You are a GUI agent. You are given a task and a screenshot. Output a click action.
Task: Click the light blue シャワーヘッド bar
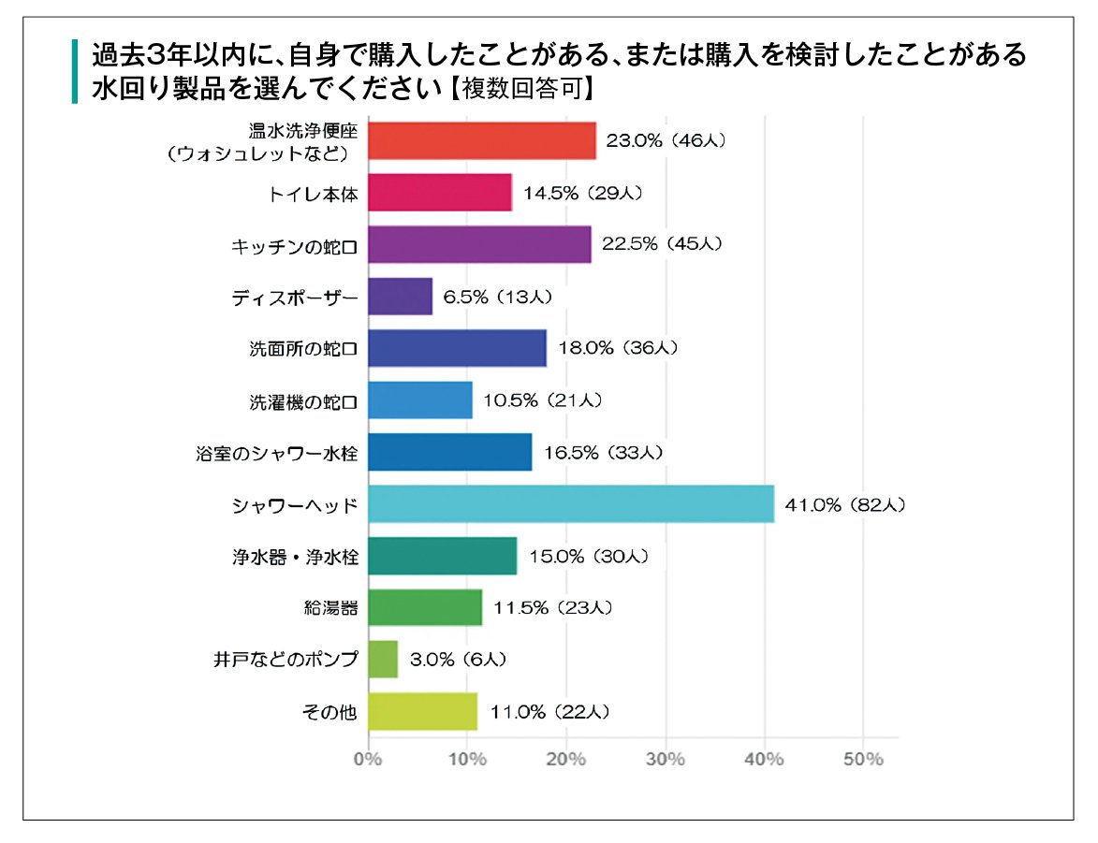click(571, 504)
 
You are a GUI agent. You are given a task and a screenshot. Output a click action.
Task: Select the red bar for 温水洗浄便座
click(482, 140)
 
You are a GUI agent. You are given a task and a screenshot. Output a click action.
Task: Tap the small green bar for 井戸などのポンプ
click(383, 659)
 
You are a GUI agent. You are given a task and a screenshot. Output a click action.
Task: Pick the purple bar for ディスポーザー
click(400, 297)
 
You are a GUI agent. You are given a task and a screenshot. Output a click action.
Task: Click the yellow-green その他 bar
click(423, 711)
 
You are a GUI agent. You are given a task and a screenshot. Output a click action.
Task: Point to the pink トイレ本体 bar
click(440, 193)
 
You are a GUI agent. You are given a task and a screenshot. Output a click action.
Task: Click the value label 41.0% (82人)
click(845, 505)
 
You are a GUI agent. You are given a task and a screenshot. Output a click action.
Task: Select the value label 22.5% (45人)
click(662, 243)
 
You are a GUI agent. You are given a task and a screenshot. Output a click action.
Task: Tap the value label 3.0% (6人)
click(458, 660)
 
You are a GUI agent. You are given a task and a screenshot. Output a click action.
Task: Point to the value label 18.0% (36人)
click(618, 348)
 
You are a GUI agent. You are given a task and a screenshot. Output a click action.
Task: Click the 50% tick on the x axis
click(863, 759)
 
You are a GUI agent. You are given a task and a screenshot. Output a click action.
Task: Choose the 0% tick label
click(368, 759)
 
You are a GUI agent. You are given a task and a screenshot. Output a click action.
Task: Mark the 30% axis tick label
click(666, 759)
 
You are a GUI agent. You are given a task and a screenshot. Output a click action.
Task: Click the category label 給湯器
click(330, 608)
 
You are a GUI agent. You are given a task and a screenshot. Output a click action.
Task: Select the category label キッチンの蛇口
click(294, 247)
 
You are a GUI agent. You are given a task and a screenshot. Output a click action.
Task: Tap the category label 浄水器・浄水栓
click(296, 558)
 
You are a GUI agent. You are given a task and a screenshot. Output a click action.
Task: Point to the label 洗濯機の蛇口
click(303, 402)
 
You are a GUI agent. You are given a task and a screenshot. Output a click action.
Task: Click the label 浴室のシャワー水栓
click(276, 454)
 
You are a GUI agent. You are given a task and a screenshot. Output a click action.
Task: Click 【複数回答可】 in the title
click(521, 88)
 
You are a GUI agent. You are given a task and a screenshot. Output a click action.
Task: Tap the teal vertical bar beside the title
click(75, 71)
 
